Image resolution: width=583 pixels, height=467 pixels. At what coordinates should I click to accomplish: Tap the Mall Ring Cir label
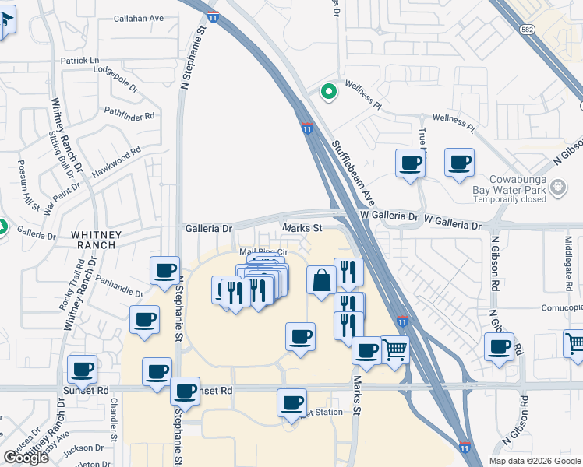(x=263, y=251)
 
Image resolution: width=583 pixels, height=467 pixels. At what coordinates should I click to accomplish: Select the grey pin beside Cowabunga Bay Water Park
(x=557, y=187)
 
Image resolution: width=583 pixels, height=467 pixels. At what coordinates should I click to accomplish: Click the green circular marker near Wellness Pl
(x=329, y=92)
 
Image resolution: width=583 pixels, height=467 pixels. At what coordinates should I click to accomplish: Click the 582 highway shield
(x=528, y=27)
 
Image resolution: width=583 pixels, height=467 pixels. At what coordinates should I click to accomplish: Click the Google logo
(x=26, y=458)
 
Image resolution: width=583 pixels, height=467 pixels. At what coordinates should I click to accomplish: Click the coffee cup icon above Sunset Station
(x=292, y=402)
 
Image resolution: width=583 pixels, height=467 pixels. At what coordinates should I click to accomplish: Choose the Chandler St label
(x=114, y=420)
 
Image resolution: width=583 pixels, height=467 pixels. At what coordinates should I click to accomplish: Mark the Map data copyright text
(x=535, y=460)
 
